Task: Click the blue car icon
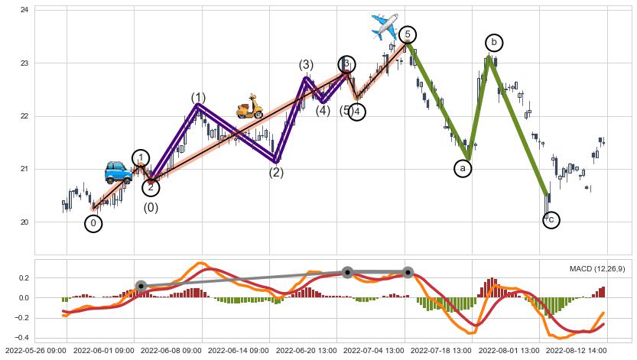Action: click(119, 172)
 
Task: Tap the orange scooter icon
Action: click(249, 106)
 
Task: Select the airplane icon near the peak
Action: click(384, 26)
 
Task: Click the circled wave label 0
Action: click(93, 223)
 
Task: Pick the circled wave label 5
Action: click(408, 34)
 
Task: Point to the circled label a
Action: click(463, 168)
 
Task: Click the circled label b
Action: click(494, 42)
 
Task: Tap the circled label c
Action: click(551, 219)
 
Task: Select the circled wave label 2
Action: click(151, 186)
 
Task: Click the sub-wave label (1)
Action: click(199, 98)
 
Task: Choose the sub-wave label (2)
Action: click(276, 172)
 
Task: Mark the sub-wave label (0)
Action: click(151, 207)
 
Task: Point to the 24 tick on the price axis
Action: click(24, 10)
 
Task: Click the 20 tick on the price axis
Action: click(24, 222)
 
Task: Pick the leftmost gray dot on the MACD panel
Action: click(141, 286)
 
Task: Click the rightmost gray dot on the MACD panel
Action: click(408, 272)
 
